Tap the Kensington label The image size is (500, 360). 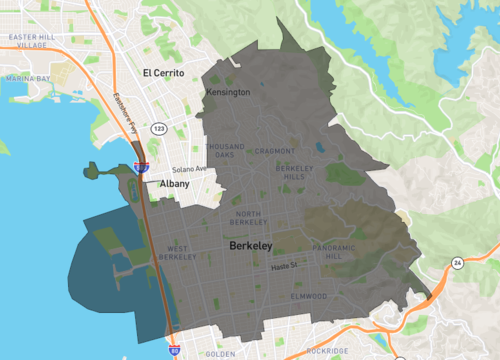click(227, 93)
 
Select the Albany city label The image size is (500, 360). click(174, 184)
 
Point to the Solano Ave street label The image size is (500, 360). click(189, 169)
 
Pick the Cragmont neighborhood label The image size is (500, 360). click(275, 151)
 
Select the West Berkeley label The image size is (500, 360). click(177, 253)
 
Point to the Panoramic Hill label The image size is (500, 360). click(333, 252)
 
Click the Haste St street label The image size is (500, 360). click(288, 267)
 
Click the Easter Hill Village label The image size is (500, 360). click(27, 41)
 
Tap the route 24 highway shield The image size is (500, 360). click(457, 262)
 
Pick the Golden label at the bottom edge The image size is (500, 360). click(220, 354)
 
